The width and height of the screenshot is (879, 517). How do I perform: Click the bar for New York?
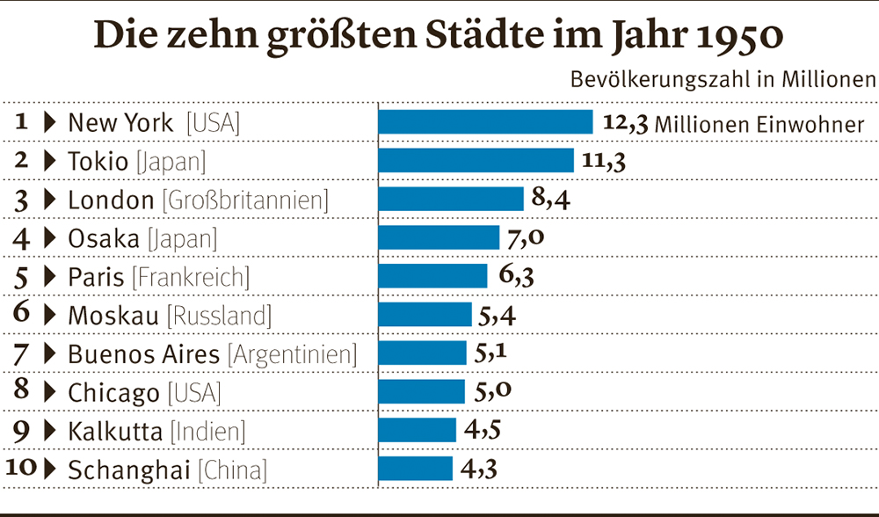pyautogui.click(x=485, y=121)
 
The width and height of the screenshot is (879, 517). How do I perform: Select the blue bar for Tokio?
pyautogui.click(x=476, y=160)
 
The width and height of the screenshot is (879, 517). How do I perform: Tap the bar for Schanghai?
pyautogui.click(x=415, y=468)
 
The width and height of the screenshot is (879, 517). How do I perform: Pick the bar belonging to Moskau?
pyautogui.click(x=425, y=314)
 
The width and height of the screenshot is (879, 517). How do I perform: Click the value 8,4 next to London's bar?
pyautogui.click(x=552, y=200)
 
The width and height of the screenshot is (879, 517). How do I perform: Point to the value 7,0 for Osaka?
pyautogui.click(x=528, y=237)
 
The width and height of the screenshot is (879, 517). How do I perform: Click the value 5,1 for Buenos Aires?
pyautogui.click(x=492, y=353)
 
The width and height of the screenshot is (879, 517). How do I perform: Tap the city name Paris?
pyautogui.click(x=97, y=277)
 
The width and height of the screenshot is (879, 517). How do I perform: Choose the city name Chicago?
pyautogui.click(x=113, y=393)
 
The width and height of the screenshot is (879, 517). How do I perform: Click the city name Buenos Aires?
pyautogui.click(x=143, y=354)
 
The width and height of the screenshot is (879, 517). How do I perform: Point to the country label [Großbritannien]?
pyautogui.click(x=245, y=200)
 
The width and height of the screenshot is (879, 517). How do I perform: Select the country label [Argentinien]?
pyautogui.click(x=293, y=354)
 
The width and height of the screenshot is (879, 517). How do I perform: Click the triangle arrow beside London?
pyautogui.click(x=49, y=200)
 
